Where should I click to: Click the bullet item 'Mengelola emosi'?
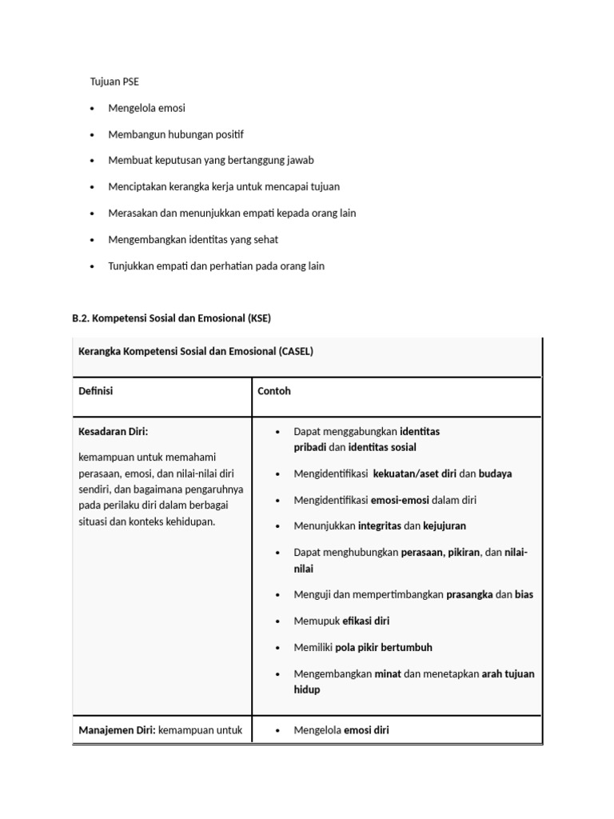146,108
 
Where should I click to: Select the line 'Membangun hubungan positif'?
175,134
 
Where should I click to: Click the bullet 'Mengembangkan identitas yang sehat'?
193,239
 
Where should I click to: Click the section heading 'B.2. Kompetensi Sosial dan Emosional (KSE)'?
171,318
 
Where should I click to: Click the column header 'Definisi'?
96,392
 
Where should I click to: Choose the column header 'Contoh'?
274,392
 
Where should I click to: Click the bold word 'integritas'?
379,526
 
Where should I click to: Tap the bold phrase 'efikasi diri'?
366,621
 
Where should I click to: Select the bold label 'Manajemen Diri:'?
117,730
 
